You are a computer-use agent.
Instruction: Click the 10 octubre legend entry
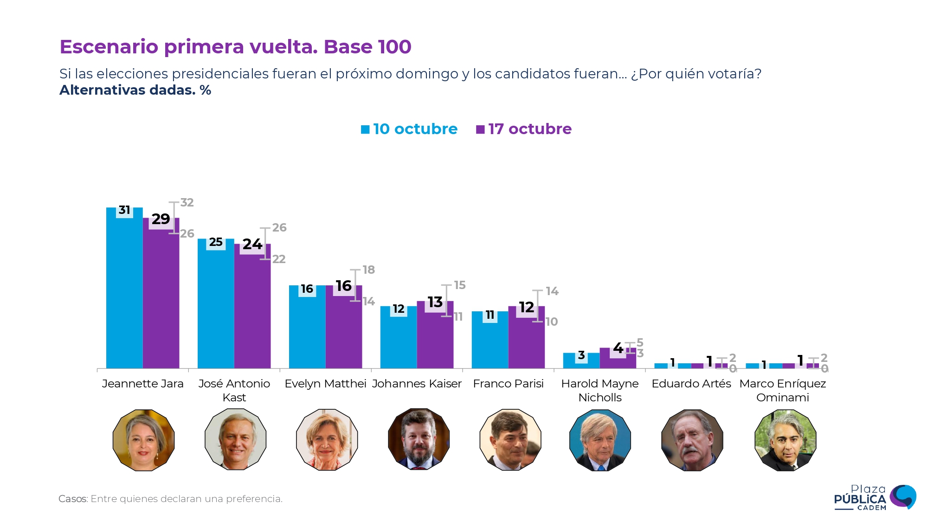(409, 129)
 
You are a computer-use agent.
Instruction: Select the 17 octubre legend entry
(524, 129)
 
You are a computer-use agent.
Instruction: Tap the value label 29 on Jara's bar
(161, 219)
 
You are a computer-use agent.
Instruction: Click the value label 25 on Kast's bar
(216, 242)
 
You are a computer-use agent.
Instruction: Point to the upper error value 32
(187, 203)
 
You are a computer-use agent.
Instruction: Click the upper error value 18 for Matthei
(369, 270)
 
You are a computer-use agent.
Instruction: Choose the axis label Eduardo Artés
(691, 384)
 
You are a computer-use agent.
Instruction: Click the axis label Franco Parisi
(508, 384)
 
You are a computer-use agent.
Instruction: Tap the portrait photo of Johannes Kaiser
(419, 439)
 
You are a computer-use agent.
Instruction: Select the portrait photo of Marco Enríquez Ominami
(785, 440)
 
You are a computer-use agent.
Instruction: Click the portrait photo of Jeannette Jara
(143, 440)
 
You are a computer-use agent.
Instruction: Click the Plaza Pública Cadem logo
(874, 497)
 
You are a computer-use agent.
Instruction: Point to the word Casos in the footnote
(73, 499)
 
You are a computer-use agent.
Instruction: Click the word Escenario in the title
(109, 47)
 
